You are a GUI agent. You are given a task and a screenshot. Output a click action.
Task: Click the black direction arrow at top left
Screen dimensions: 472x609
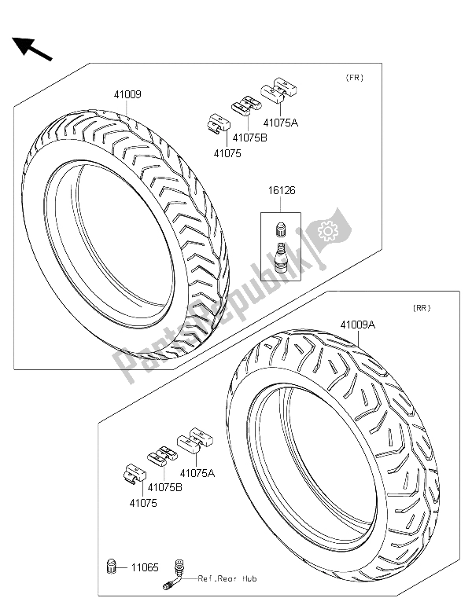32,49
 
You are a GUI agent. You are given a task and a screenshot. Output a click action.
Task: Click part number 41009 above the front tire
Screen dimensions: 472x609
127,94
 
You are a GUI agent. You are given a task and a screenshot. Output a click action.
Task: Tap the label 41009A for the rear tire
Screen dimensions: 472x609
358,325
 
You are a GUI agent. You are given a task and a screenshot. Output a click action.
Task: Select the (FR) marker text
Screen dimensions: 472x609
355,78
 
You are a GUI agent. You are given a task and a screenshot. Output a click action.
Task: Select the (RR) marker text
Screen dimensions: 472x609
422,308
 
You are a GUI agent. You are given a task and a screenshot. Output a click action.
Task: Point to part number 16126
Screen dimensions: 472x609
282,190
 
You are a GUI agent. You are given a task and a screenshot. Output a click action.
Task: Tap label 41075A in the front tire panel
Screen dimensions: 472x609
281,123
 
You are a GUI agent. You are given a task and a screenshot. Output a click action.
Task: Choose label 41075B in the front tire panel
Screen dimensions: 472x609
250,138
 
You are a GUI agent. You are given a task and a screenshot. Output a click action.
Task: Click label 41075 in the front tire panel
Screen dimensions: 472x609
227,154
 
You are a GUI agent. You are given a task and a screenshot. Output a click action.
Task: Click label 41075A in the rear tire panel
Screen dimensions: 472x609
197,473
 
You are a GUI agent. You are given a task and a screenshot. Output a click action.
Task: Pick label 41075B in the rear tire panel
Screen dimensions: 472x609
165,487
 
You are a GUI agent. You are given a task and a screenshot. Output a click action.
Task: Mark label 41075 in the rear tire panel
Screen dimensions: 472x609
143,503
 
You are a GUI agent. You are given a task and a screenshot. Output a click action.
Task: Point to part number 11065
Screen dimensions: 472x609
145,568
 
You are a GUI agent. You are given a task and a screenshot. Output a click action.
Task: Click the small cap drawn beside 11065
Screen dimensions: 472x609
112,567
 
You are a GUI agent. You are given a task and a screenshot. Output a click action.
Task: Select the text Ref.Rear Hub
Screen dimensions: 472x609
227,578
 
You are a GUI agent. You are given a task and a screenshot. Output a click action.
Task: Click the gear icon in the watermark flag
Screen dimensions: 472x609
328,231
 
